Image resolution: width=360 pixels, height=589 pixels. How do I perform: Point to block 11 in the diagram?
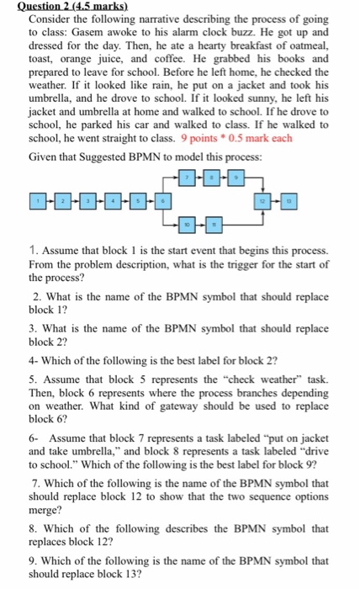point(214,226)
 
